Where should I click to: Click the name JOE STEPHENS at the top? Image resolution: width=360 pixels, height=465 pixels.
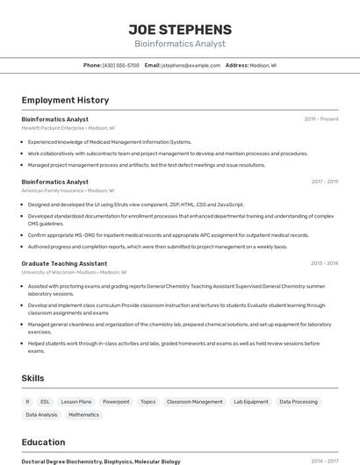coord(180,29)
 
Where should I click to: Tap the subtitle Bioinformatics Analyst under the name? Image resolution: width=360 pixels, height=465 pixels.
coord(180,43)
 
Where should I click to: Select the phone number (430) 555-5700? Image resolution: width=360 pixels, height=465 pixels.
coord(121,66)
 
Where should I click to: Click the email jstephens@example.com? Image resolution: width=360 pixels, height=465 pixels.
coord(191,66)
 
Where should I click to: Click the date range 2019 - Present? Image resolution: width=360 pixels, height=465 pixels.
coord(321,119)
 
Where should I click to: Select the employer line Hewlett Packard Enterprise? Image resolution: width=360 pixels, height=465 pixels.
coord(53,128)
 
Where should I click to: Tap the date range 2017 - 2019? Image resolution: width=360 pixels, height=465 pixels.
coord(324,182)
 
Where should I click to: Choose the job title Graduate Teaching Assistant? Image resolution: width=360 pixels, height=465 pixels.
coord(64,263)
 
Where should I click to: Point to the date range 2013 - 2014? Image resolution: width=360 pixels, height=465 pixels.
coord(324,263)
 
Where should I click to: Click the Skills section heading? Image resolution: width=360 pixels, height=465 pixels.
coord(32,378)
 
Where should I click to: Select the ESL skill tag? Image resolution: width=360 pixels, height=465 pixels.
coord(45,402)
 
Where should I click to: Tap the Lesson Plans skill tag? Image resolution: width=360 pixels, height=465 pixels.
coord(76,402)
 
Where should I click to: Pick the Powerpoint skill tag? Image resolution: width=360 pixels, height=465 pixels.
coord(116,402)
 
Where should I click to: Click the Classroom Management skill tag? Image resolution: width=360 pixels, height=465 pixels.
coord(195,402)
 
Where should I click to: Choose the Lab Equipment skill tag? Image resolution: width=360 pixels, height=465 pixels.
coord(251,402)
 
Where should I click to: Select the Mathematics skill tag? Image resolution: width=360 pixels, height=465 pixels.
coord(84,415)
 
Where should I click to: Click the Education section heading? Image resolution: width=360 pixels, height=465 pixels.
coord(43,442)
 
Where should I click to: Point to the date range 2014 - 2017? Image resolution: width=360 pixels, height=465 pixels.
coord(324,461)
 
